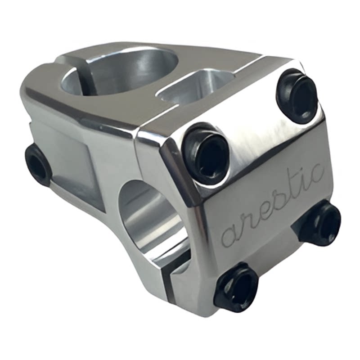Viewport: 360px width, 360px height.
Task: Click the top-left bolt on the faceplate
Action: pos(206,153)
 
